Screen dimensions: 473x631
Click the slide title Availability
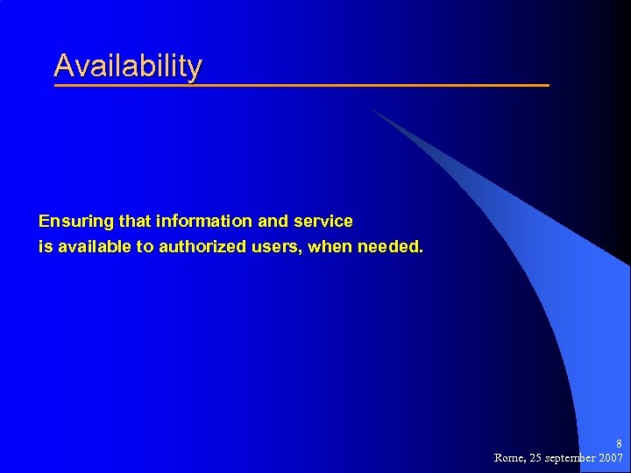pyautogui.click(x=128, y=66)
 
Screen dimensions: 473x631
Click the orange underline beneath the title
pyautogui.click(x=301, y=85)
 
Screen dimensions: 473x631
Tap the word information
pyautogui.click(x=202, y=222)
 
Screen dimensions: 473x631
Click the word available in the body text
pyautogui.click(x=92, y=247)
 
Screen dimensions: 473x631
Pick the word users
pyautogui.click(x=275, y=247)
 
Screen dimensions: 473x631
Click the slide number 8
pyautogui.click(x=619, y=444)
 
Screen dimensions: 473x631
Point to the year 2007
pyautogui.click(x=610, y=458)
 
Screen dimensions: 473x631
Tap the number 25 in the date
pyautogui.click(x=536, y=458)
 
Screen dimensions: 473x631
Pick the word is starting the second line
pyautogui.click(x=44, y=247)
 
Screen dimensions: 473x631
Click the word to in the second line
pyautogui.click(x=145, y=247)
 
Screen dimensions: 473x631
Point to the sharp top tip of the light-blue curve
pyautogui.click(x=372, y=109)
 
